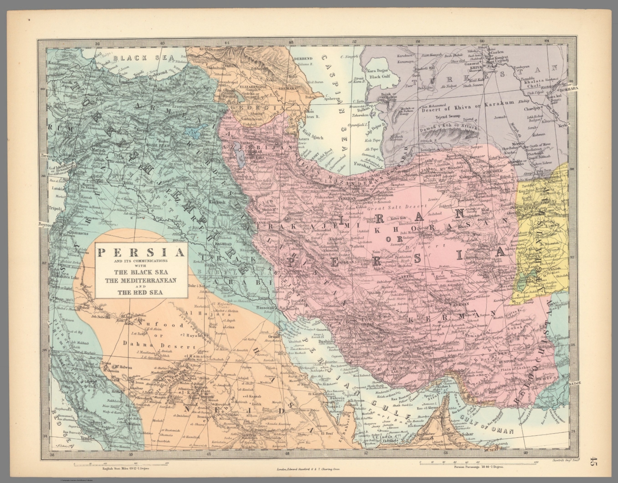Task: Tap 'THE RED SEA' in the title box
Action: coord(140,292)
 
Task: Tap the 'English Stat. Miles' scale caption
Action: coord(120,468)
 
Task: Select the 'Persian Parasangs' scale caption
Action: coord(478,468)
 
